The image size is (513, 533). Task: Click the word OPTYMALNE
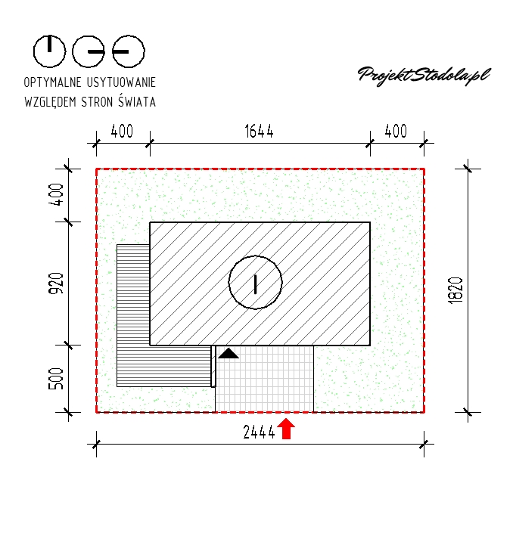pos(53,82)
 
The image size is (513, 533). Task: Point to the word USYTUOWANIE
pos(122,82)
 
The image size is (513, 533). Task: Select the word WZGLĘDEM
pos(51,101)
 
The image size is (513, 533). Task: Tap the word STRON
pos(97,101)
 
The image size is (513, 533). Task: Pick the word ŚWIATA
pos(137,101)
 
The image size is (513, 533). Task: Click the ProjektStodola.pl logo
pos(424,76)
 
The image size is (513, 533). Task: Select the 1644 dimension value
pos(260,132)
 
